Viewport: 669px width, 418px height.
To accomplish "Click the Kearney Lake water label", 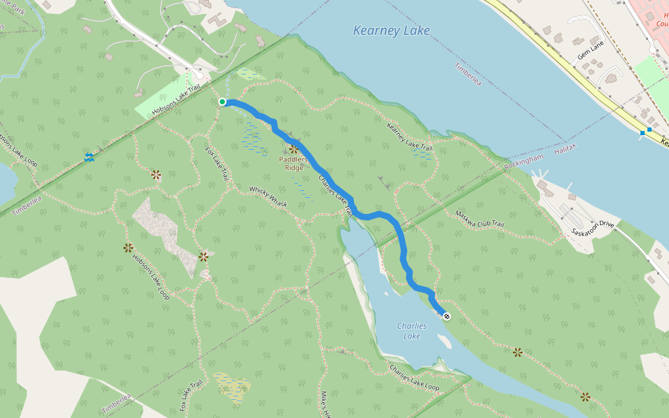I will pos(391,31).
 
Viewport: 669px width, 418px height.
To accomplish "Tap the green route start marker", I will pos(222,102).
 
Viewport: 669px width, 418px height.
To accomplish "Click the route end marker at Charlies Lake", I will pos(446,316).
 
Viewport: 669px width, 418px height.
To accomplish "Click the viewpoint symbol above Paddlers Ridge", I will pos(293,148).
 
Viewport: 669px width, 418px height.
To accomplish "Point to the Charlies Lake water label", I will pos(411,331).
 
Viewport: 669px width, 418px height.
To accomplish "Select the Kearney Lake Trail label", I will pos(410,135).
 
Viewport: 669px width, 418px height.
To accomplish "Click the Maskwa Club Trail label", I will pos(479,219).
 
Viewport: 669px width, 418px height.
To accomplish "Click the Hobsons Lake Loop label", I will pos(151,275).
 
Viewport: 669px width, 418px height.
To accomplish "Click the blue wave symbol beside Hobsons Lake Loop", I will pos(89,157).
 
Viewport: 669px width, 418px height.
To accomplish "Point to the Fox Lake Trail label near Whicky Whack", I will pos(216,164).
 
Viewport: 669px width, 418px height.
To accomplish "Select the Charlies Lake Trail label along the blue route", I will pos(333,188).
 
